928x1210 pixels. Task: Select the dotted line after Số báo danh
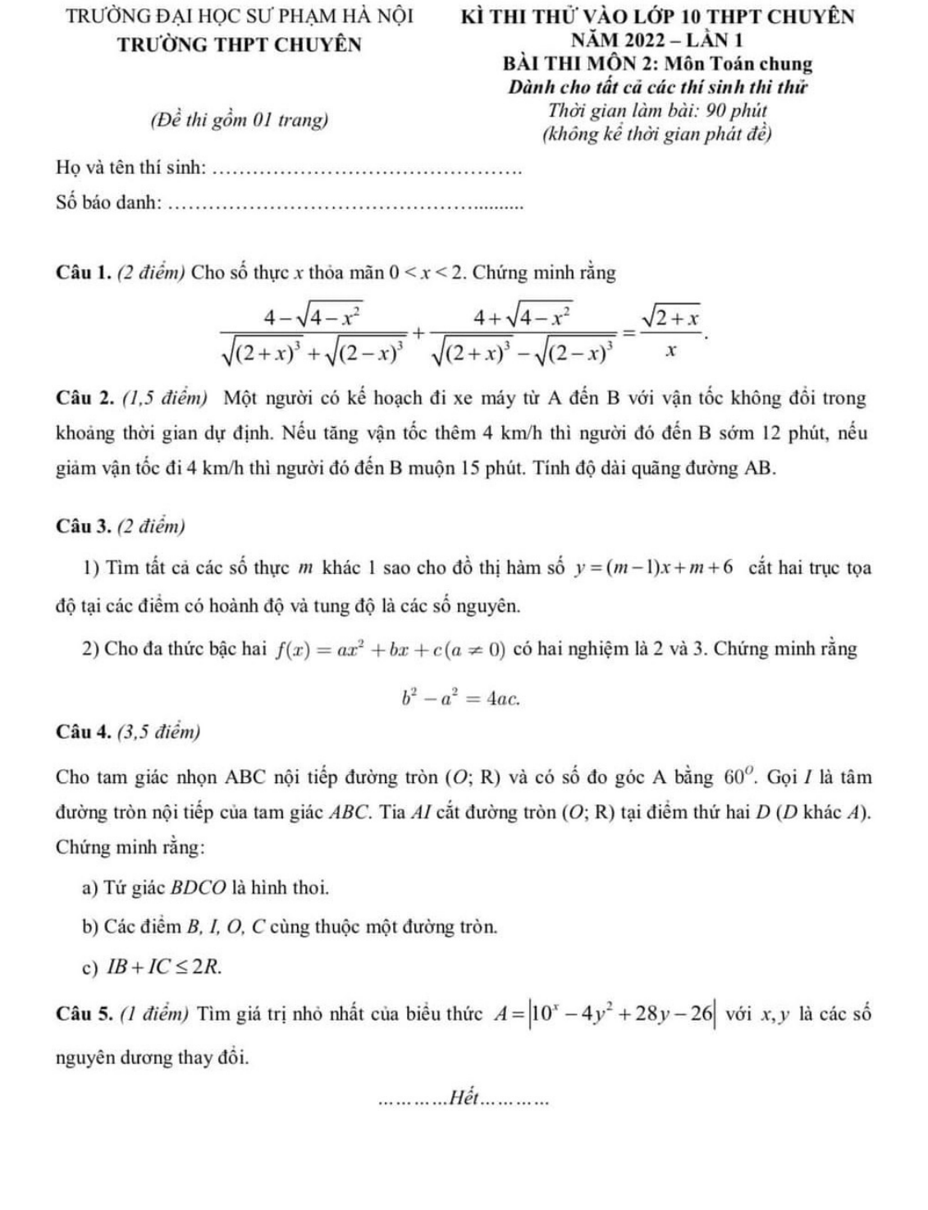[344, 205]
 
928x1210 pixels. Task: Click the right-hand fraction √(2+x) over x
[670, 332]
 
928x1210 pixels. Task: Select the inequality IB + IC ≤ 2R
[163, 967]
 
